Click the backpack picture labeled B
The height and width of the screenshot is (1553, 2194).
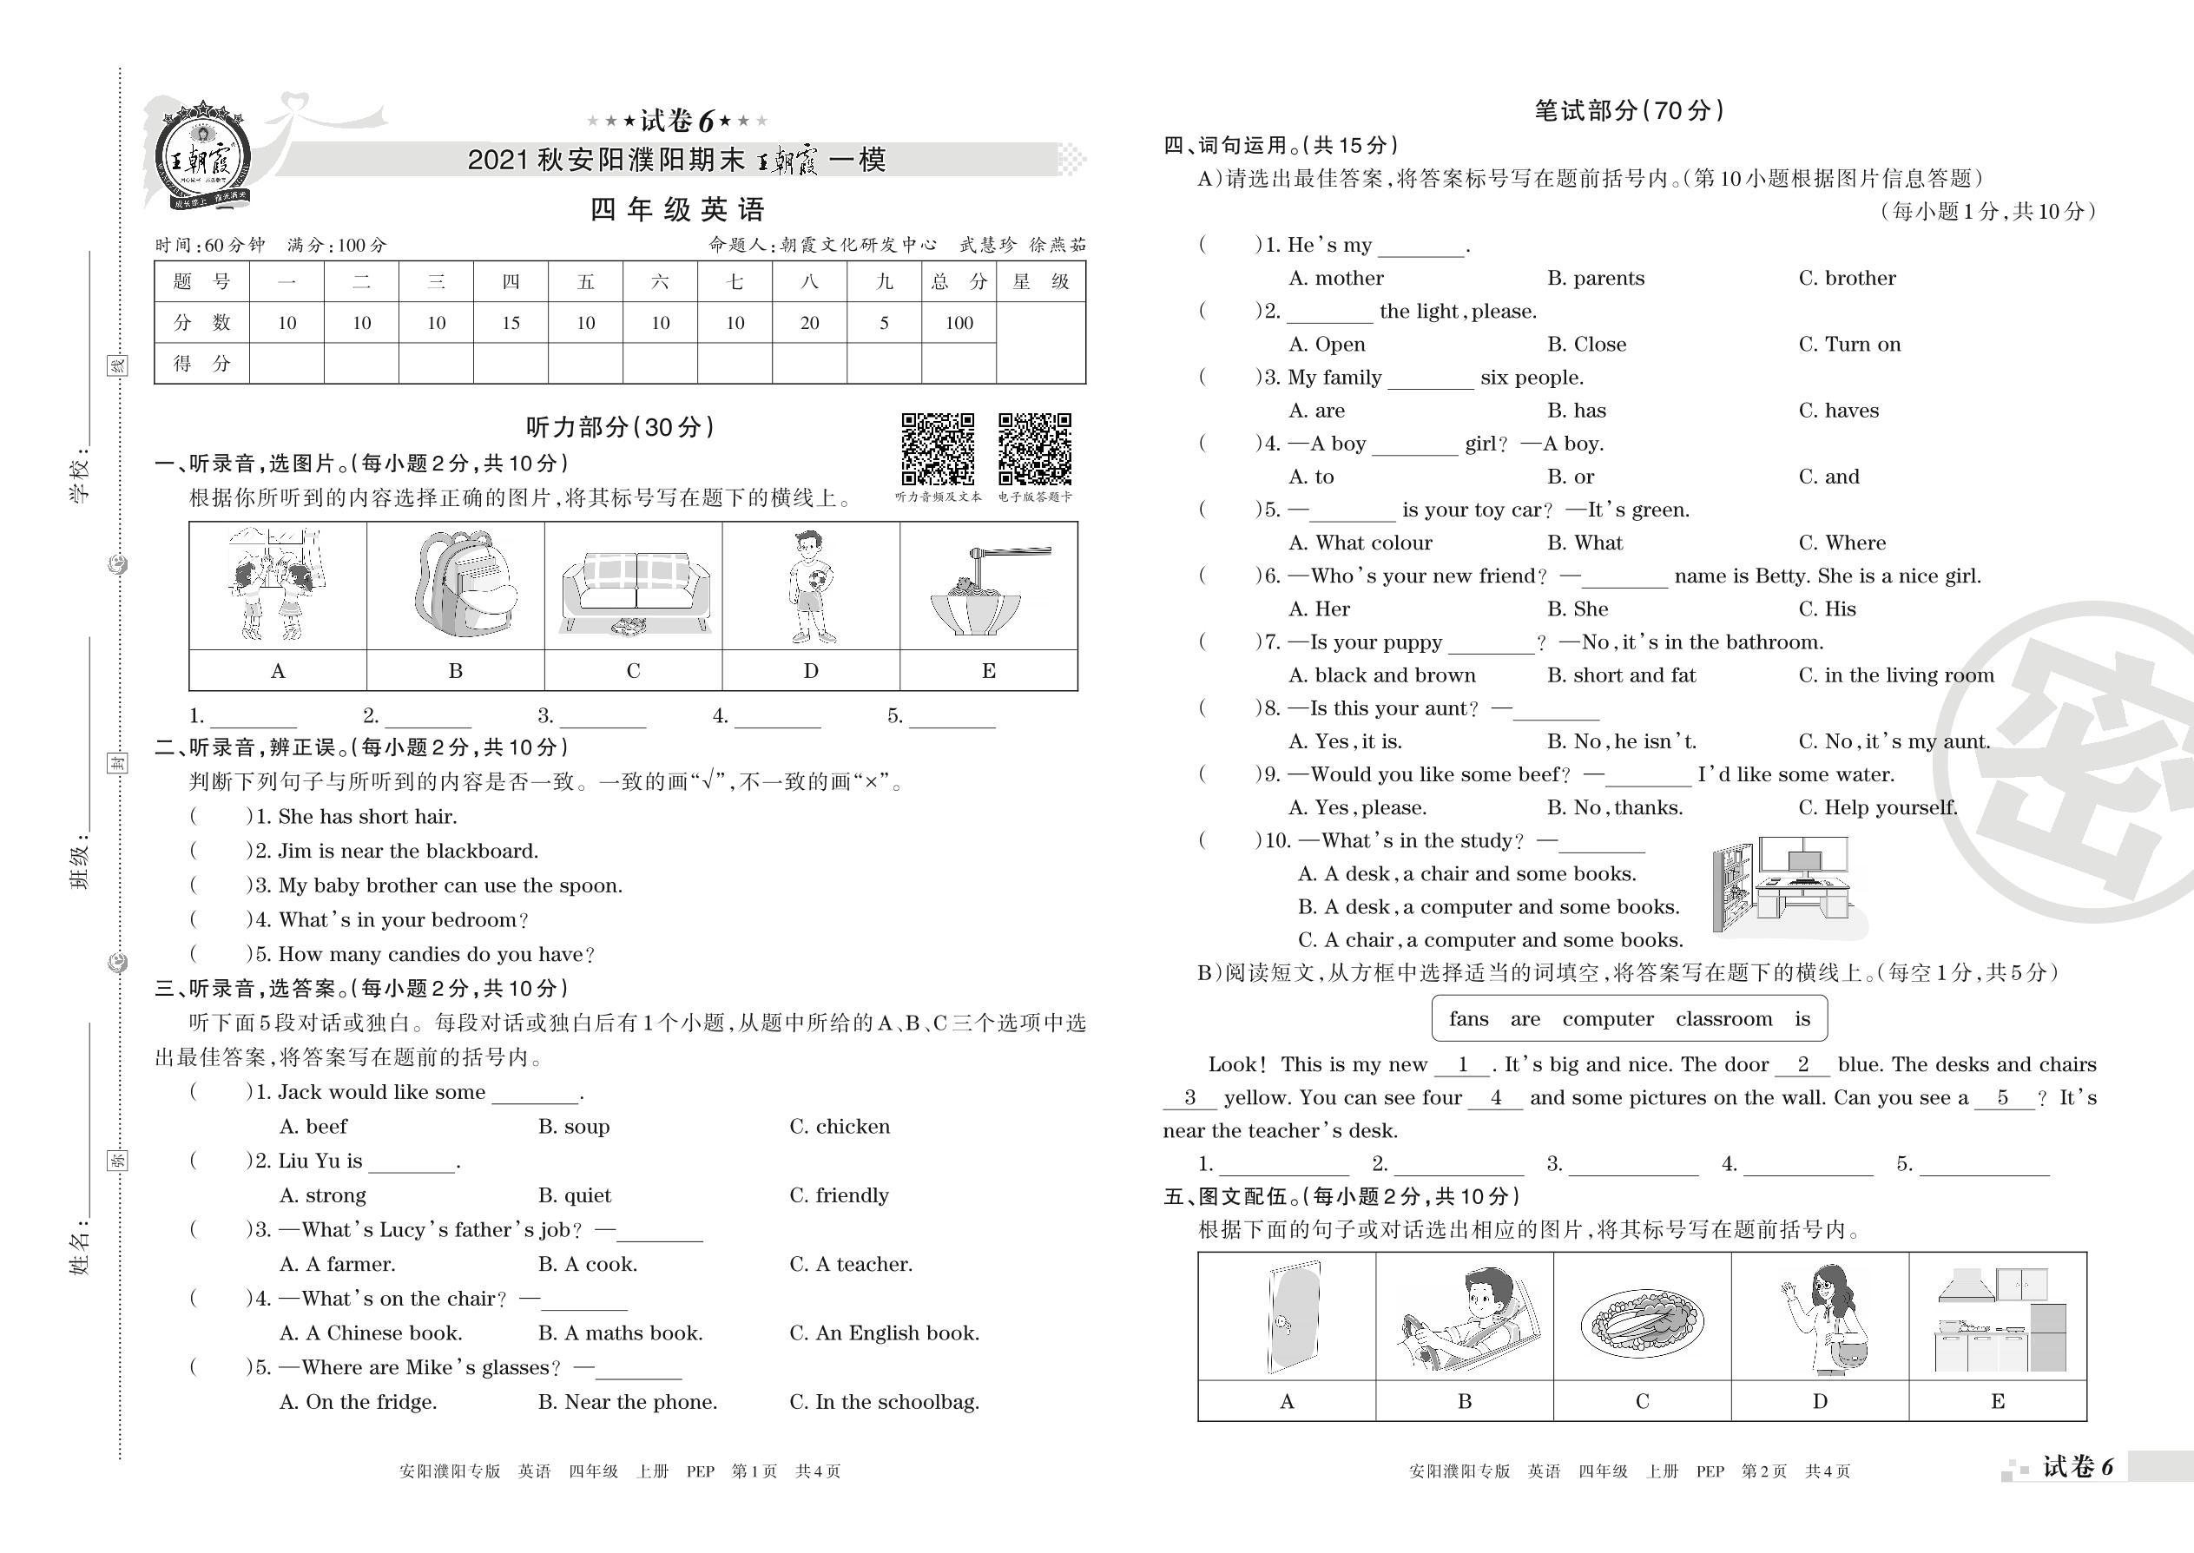pyautogui.click(x=455, y=585)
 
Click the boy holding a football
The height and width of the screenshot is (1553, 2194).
pyautogui.click(x=811, y=585)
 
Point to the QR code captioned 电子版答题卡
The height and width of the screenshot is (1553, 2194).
pyautogui.click(x=1034, y=450)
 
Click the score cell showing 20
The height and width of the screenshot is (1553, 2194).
pyautogui.click(x=809, y=323)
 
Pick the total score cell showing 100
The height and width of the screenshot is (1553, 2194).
pyautogui.click(x=959, y=323)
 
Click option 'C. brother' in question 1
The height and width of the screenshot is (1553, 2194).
pyautogui.click(x=1847, y=279)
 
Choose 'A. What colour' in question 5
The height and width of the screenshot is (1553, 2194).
pyautogui.click(x=1360, y=543)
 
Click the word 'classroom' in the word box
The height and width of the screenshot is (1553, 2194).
pyautogui.click(x=1723, y=1019)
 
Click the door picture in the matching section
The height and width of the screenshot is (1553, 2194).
pyautogui.click(x=1288, y=1317)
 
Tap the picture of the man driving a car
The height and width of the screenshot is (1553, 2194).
pyautogui.click(x=1465, y=1317)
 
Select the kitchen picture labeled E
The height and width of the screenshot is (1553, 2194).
pyautogui.click(x=1998, y=1317)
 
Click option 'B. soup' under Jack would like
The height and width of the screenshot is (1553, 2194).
pyautogui.click(x=574, y=1127)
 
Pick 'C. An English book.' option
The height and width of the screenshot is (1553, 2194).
pyautogui.click(x=884, y=1333)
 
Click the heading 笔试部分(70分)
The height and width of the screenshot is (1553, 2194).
pyautogui.click(x=1629, y=111)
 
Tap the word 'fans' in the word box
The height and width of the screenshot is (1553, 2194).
pyautogui.click(x=1468, y=1019)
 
